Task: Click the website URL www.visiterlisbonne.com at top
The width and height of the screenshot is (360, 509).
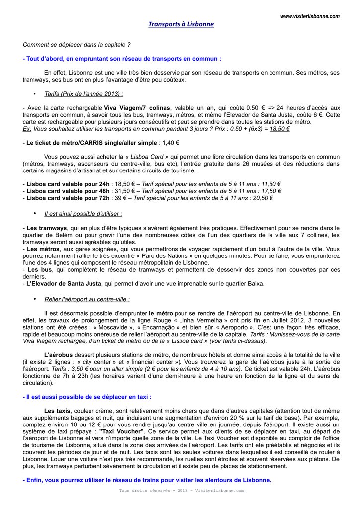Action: click(310, 16)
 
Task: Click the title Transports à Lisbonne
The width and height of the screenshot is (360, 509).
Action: click(181, 24)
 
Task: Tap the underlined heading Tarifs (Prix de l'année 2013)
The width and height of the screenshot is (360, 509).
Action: click(84, 93)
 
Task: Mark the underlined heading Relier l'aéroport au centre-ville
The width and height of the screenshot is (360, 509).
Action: click(87, 299)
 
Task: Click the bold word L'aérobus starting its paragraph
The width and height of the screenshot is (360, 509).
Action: click(58, 355)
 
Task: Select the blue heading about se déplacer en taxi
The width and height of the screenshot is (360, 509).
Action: click(87, 397)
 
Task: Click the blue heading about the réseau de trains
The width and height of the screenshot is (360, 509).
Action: click(147, 480)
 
